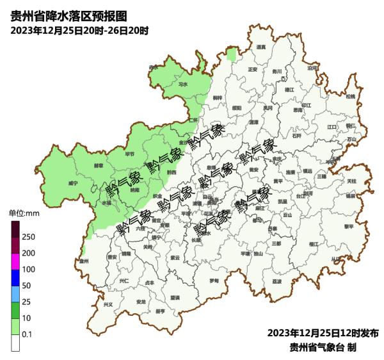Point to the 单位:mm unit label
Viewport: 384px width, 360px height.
[x=24, y=213]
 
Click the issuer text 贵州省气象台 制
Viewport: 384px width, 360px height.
[x=323, y=347]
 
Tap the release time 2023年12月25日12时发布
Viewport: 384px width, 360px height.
[x=323, y=333]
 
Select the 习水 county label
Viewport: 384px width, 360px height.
[x=183, y=83]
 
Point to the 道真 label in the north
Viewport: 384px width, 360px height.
[x=260, y=47]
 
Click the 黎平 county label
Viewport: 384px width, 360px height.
[x=349, y=226]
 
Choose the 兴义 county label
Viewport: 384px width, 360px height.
[x=108, y=304]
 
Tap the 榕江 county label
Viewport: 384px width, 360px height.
[x=313, y=244]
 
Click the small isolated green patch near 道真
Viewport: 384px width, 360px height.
[x=231, y=54]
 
